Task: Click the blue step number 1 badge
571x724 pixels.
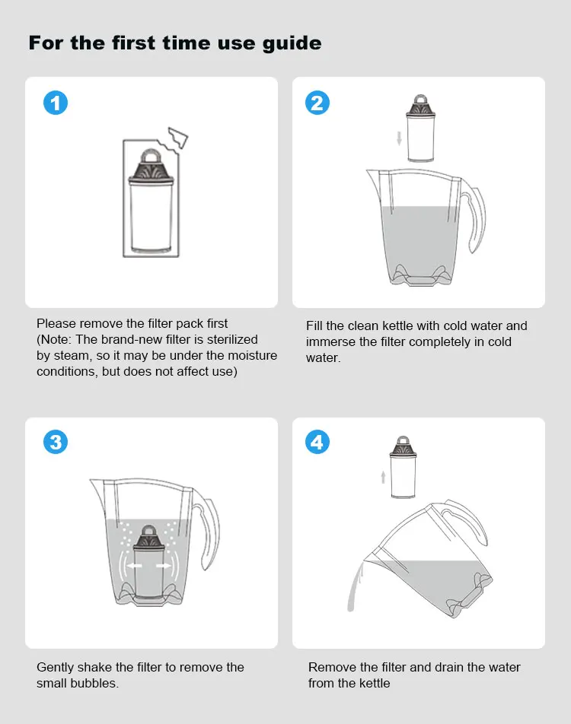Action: tap(56, 103)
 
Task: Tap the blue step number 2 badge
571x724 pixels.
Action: tap(317, 103)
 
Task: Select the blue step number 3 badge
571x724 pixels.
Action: tap(56, 442)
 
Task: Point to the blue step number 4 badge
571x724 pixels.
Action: tap(317, 442)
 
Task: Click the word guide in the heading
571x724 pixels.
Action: tap(292, 43)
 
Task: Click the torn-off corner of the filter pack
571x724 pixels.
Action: tap(178, 138)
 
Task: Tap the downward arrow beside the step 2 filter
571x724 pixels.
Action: tap(399, 138)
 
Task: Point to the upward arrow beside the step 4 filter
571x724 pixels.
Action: tap(383, 477)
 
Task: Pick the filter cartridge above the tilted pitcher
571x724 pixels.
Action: tap(404, 467)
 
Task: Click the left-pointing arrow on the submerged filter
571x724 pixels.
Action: tap(135, 566)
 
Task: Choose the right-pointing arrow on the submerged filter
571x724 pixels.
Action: tap(164, 566)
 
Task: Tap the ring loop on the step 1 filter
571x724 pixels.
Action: tap(150, 156)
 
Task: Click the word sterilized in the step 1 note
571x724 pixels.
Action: tap(232, 339)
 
